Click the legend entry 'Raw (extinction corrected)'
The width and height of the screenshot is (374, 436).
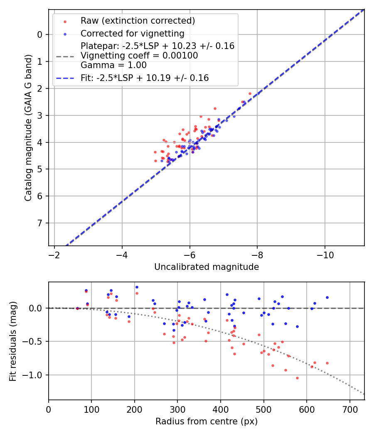click(138, 21)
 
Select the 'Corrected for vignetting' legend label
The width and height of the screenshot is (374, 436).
click(132, 34)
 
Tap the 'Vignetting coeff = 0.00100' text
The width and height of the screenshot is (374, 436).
click(139, 56)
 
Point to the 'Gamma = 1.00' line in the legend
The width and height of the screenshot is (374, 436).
click(113, 65)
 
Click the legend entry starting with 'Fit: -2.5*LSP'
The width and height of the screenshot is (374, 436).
click(145, 78)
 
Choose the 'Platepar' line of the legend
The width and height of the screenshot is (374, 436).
click(157, 46)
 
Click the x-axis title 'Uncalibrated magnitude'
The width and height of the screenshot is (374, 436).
click(207, 267)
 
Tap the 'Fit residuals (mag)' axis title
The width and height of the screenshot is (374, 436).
click(13, 341)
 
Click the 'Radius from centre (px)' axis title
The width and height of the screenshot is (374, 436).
click(207, 421)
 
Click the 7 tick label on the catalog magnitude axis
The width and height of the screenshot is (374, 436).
click(40, 223)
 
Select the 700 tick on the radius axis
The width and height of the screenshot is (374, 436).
click(349, 409)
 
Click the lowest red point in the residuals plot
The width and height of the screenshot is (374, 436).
click(297, 378)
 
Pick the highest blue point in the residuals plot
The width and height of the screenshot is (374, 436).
click(137, 287)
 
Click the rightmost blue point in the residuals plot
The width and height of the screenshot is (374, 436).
click(327, 297)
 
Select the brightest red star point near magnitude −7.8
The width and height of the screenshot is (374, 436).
click(250, 93)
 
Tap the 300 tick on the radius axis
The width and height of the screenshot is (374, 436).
click(177, 409)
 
